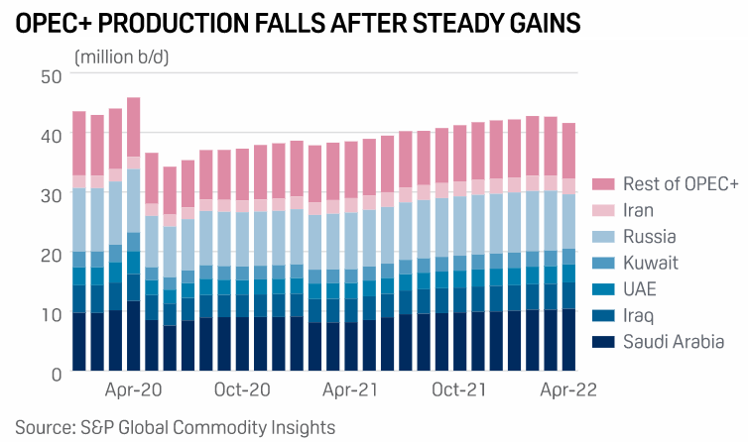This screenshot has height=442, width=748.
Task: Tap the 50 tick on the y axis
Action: [53, 76]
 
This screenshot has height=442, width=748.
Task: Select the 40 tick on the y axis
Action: [53, 135]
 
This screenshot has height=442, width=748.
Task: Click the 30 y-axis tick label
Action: [53, 195]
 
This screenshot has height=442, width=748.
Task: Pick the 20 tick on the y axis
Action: [53, 255]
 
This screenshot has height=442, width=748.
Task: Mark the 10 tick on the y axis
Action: [53, 314]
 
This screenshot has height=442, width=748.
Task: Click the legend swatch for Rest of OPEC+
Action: [602, 184]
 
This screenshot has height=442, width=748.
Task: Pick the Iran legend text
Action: [640, 210]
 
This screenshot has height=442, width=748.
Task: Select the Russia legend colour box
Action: [602, 237]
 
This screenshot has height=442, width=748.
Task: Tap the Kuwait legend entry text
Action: [650, 263]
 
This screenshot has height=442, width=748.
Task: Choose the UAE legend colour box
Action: [602, 289]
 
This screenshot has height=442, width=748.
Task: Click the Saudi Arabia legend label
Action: [672, 342]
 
